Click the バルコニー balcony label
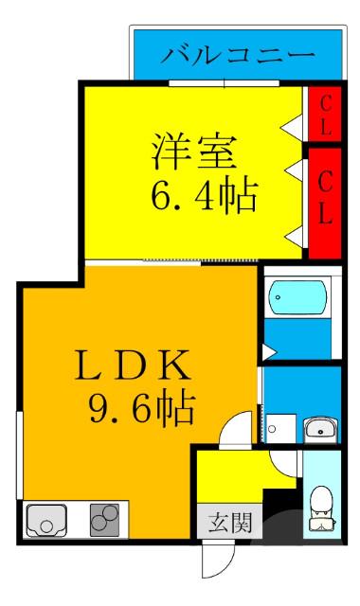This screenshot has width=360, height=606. point(237,54)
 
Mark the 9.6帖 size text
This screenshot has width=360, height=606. point(141,409)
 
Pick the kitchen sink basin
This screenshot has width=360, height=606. point(45,520)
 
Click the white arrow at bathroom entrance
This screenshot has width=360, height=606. point(268,352)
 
